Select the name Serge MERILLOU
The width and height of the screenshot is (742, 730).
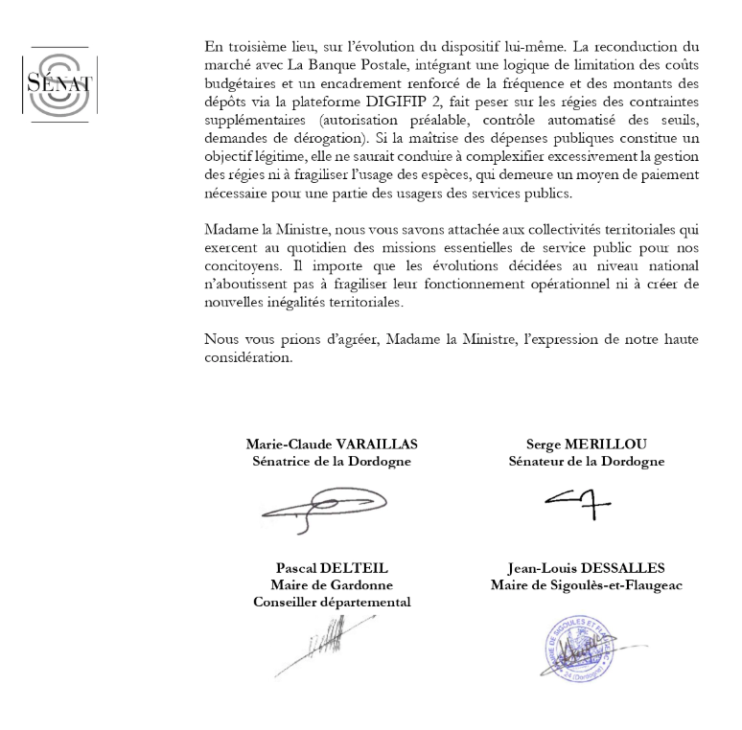(586, 444)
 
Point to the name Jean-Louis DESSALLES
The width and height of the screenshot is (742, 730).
(586, 567)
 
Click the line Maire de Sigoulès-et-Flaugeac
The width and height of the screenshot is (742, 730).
(586, 584)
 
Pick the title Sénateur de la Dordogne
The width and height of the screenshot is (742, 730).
(586, 461)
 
